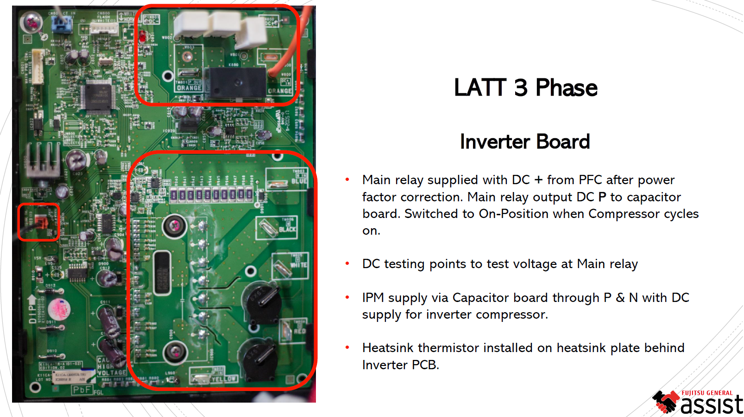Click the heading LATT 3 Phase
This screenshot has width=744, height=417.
(525, 88)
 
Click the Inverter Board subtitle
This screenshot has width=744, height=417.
(524, 142)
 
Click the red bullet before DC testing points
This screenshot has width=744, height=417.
(347, 264)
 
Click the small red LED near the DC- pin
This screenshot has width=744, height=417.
(142, 36)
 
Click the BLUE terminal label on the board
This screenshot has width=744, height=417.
(299, 181)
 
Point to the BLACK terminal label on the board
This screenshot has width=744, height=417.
(287, 229)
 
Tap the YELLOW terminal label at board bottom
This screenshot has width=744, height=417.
(224, 379)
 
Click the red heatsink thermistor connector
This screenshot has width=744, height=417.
(41, 223)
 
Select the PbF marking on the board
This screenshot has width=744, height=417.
(82, 390)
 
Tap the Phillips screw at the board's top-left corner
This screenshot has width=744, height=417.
(32, 21)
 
